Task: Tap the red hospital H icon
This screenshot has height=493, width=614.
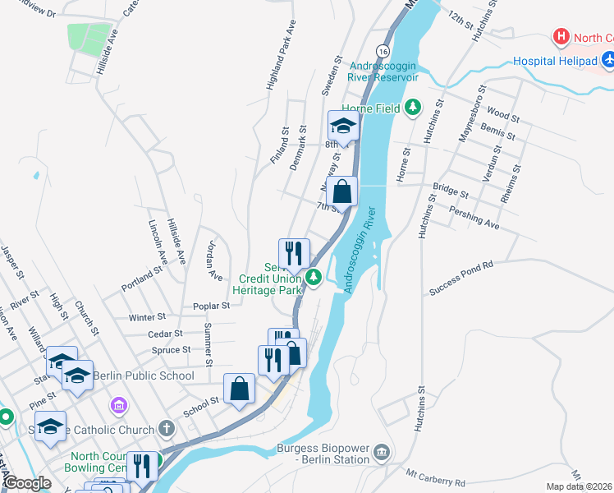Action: [561, 37]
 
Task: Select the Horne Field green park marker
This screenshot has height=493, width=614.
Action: [414, 108]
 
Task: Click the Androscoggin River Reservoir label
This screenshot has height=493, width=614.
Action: [383, 71]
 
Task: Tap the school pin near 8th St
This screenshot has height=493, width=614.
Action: [343, 126]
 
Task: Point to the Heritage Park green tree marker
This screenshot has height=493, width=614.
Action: [313, 279]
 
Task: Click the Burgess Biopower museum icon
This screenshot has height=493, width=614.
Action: [382, 451]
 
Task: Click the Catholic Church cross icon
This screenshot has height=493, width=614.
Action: [166, 429]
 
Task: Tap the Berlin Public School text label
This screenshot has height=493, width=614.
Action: [144, 376]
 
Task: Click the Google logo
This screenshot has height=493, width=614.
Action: [27, 484]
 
